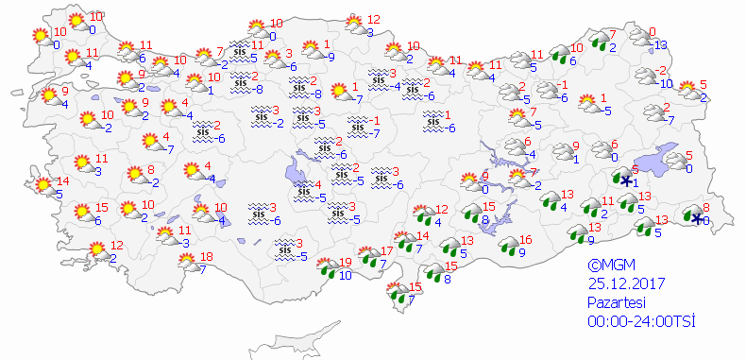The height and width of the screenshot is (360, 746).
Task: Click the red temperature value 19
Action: coord(346,263)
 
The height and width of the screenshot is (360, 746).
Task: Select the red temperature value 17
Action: coord(386,250)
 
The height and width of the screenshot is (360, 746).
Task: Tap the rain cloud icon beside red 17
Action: coord(367,258)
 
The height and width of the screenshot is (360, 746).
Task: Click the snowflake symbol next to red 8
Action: coord(697,219)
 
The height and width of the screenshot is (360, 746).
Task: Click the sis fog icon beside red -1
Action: coord(357,125)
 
